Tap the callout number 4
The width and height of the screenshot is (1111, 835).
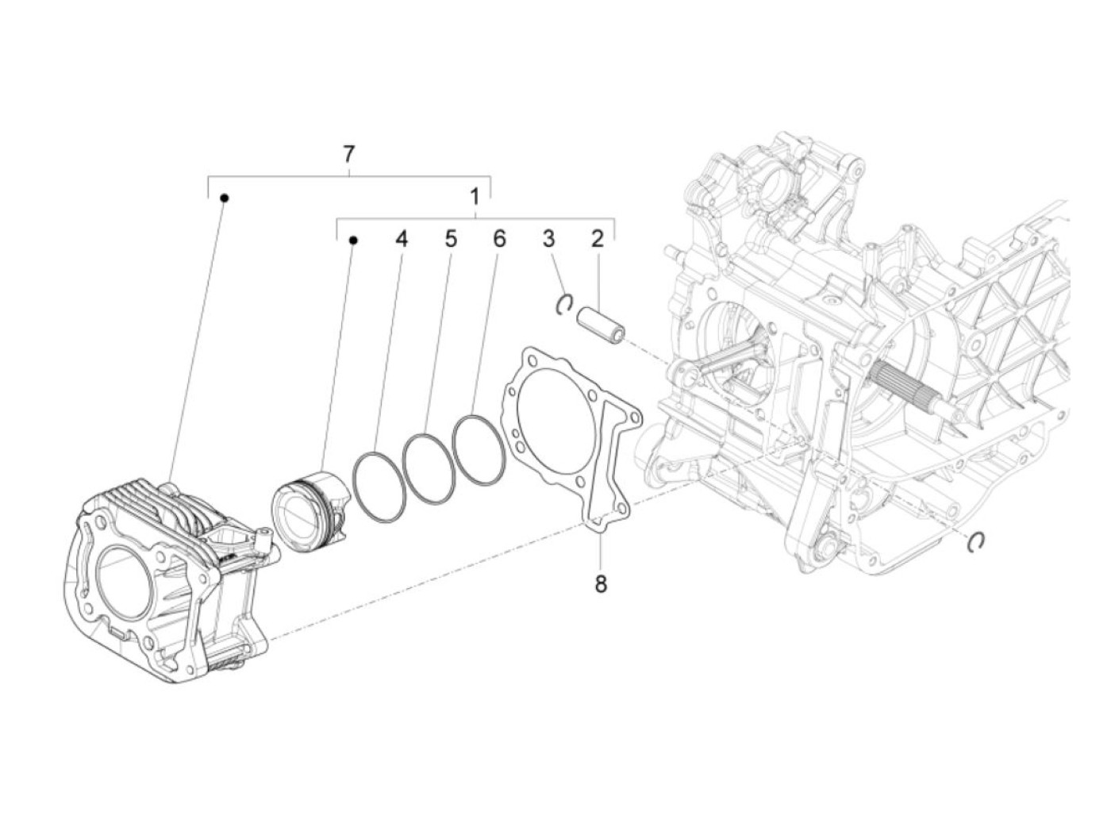pyautogui.click(x=402, y=238)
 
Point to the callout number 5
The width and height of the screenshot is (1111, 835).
pyautogui.click(x=450, y=238)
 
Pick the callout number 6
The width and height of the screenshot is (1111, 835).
pyautogui.click(x=498, y=238)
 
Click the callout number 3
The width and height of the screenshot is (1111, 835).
pyautogui.click(x=548, y=238)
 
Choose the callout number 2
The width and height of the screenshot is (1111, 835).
pyautogui.click(x=597, y=238)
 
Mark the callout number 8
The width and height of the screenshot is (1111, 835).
pyautogui.click(x=600, y=585)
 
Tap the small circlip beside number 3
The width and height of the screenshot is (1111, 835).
pyautogui.click(x=564, y=304)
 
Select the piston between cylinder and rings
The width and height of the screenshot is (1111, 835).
pyautogui.click(x=309, y=512)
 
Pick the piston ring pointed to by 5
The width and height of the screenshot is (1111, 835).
pyautogui.click(x=429, y=468)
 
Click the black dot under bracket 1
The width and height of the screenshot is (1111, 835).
pyautogui.click(x=353, y=238)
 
